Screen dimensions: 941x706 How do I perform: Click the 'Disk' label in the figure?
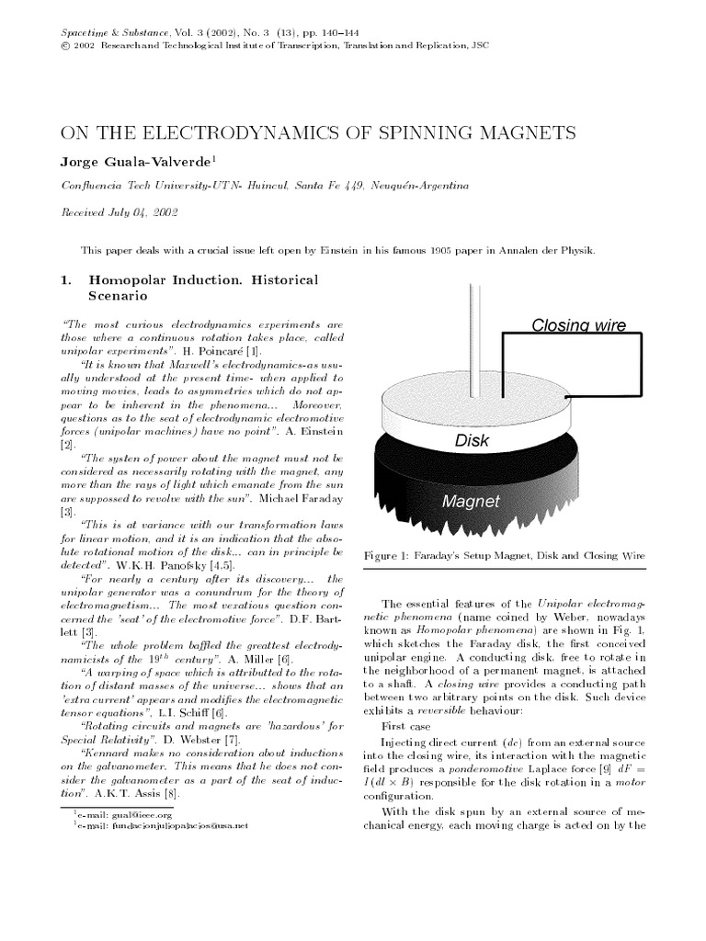click(x=473, y=440)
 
